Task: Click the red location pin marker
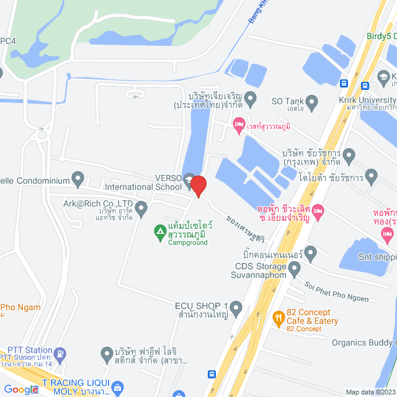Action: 198,185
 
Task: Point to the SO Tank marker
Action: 313,100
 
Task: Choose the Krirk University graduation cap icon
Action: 385,78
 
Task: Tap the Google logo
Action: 21,389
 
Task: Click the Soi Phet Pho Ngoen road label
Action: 336,292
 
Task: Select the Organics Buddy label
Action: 364,342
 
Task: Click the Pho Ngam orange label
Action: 20,307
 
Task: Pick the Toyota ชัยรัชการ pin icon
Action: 372,177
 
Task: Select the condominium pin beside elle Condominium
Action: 78,180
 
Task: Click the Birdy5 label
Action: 379,35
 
